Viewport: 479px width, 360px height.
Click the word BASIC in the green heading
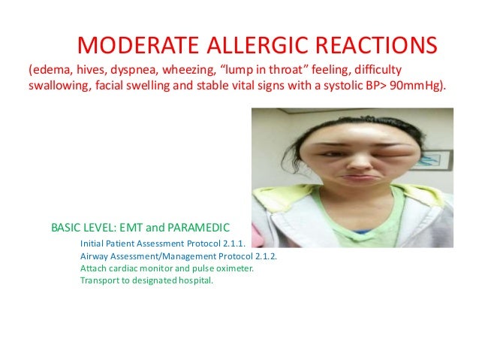pyautogui.click(x=67, y=226)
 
